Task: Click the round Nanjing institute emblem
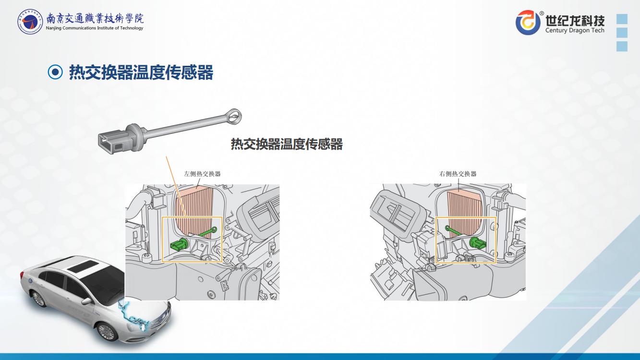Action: (30, 22)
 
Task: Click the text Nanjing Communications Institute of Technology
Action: (95, 28)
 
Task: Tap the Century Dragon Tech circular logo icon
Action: (528, 22)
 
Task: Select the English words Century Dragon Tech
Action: (575, 30)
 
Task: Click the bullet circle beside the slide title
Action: (55, 72)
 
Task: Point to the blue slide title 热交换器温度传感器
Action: (141, 72)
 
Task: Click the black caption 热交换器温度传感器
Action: (287, 144)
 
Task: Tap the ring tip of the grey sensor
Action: (234, 116)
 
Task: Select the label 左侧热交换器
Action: (202, 174)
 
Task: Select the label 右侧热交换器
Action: (458, 174)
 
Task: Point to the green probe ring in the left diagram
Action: (214, 228)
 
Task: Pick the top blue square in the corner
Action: (622, 19)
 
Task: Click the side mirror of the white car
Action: (86, 300)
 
